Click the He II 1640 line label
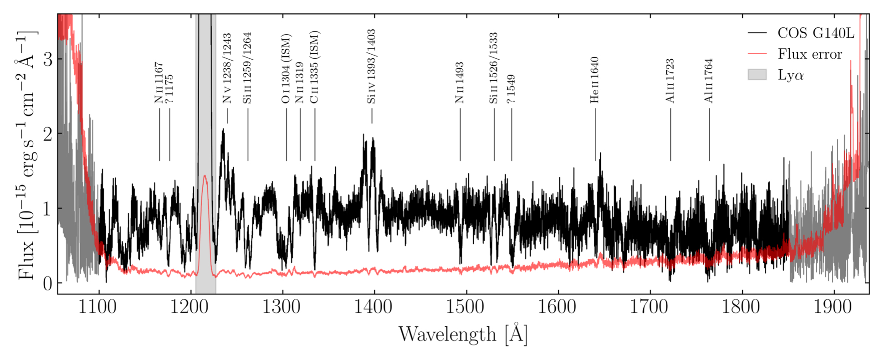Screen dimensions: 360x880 594,80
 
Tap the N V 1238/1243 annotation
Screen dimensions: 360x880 227,68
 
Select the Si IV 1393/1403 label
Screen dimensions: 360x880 371,67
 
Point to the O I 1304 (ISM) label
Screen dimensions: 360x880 286,69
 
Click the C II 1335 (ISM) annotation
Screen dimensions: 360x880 314,67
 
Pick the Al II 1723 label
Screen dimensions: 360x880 670,81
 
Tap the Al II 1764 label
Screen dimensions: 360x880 708,81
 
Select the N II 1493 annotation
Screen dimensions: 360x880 459,82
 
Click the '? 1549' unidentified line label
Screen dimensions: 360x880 511,89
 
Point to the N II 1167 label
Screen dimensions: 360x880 159,83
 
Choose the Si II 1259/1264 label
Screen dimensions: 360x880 247,68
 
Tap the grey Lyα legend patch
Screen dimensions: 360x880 757,75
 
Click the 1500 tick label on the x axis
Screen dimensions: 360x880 466,307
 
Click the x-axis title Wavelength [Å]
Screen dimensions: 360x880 463,334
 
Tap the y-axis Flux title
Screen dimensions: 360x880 27,155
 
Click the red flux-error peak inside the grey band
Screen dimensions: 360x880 205,176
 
